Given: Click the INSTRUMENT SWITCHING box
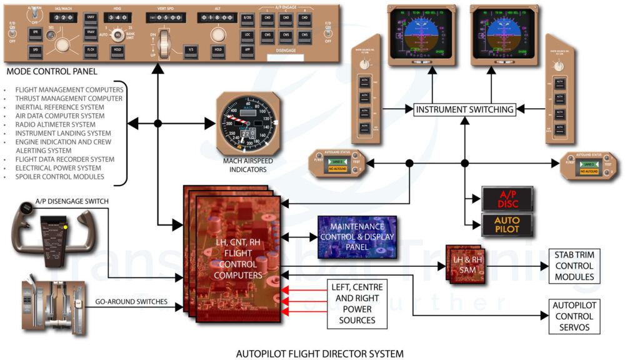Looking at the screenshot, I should pos(464,109).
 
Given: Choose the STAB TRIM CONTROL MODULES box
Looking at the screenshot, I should pos(574,266).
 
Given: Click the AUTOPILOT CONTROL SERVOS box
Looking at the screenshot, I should pos(574,316).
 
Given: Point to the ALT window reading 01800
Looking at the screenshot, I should pos(217,18).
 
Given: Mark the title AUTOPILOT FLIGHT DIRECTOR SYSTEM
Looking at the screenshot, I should pos(319,354).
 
